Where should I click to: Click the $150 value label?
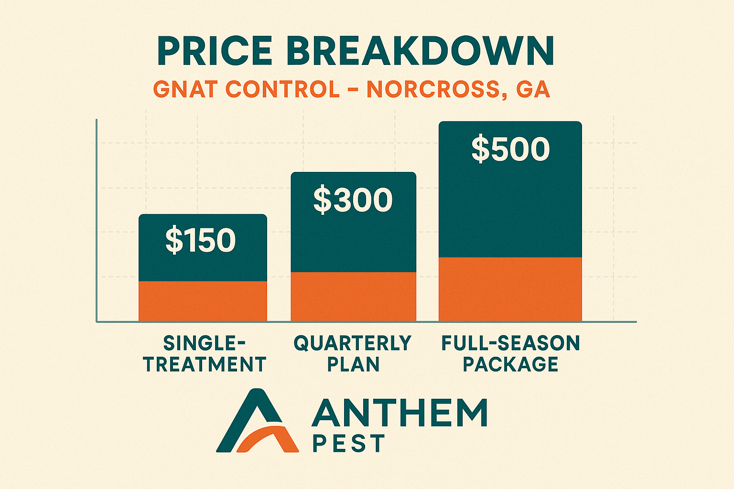click(x=201, y=240)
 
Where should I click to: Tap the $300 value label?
click(x=353, y=200)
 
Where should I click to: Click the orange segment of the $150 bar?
click(x=203, y=301)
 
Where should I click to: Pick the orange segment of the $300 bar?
click(x=353, y=296)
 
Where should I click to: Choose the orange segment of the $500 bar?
click(x=510, y=289)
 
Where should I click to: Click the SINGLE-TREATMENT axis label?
click(x=205, y=354)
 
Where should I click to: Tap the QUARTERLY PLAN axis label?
click(x=353, y=354)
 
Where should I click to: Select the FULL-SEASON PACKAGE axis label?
click(x=510, y=354)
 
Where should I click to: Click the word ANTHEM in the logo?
click(x=399, y=413)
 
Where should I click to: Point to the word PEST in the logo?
click(x=348, y=444)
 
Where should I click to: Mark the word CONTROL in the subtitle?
click(x=282, y=90)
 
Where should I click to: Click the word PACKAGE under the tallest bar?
click(x=510, y=364)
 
